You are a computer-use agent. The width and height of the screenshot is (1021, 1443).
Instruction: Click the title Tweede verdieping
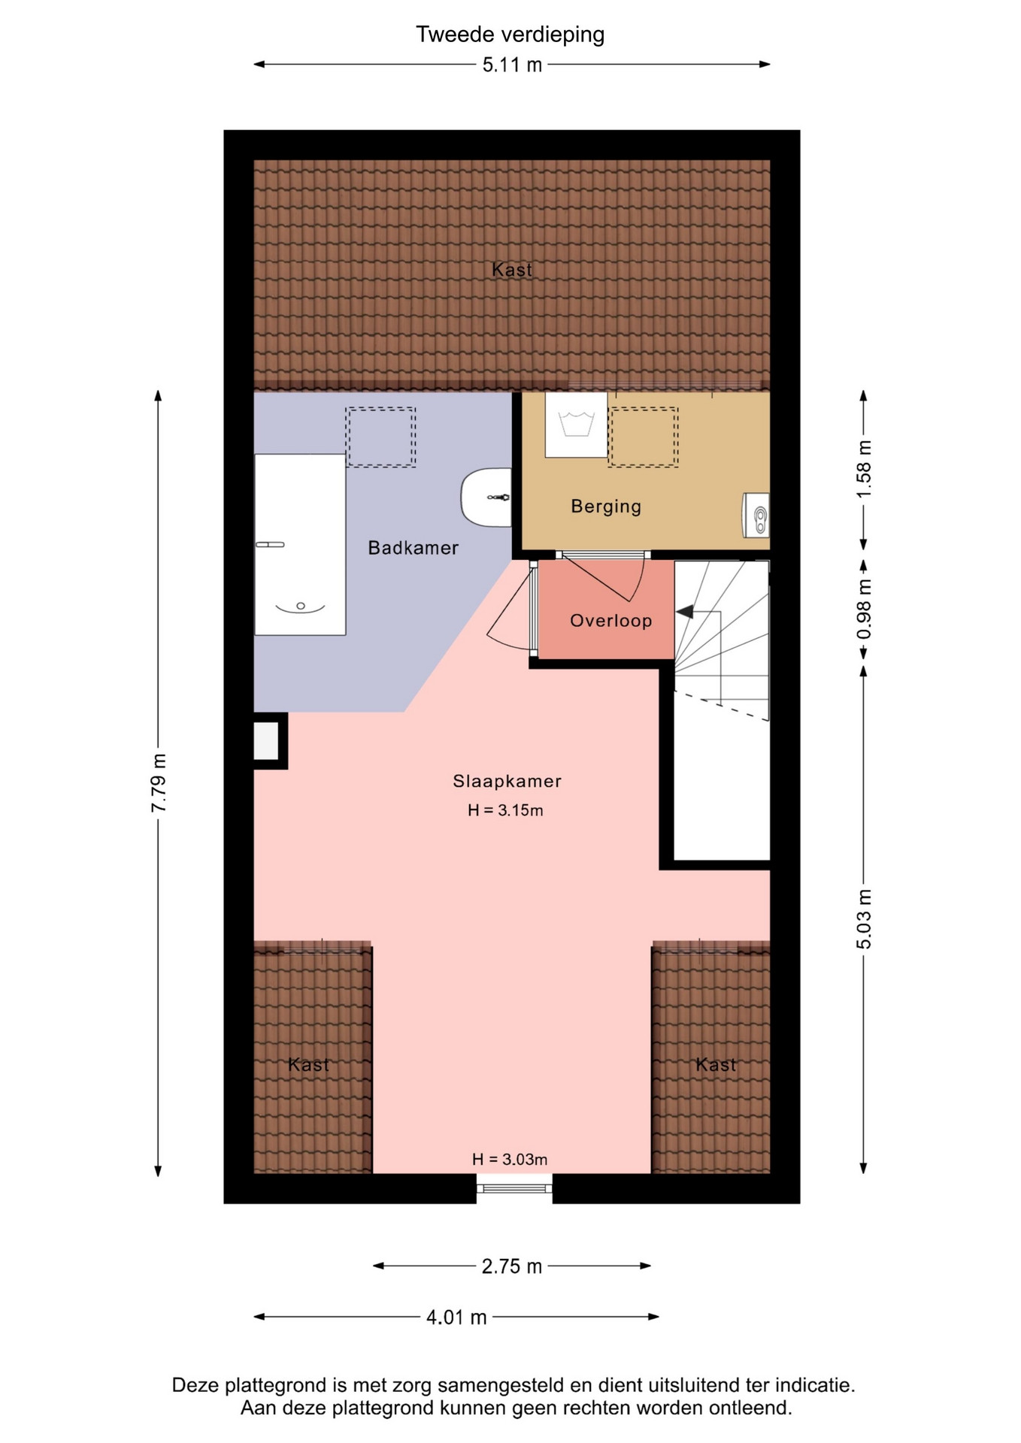(510, 35)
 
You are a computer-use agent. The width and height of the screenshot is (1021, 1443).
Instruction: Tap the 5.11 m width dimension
(512, 65)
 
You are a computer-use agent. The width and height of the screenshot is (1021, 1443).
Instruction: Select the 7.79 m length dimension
(159, 782)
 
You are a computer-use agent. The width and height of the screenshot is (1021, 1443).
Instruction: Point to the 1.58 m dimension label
(864, 469)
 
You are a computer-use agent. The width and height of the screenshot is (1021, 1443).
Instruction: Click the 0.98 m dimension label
(864, 610)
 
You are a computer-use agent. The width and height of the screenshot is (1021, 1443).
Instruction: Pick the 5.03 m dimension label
(864, 918)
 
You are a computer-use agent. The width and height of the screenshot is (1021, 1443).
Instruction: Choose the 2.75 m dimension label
(512, 1266)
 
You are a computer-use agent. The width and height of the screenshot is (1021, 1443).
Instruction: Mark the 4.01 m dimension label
(456, 1317)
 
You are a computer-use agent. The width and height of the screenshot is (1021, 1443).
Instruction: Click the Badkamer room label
(413, 548)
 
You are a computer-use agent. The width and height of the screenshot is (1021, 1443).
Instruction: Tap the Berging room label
(606, 507)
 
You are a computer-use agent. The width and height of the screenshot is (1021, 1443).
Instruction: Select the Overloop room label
(610, 621)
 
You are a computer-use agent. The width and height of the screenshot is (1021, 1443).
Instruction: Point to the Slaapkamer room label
(507, 782)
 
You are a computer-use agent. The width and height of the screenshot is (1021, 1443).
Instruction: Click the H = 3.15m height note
(505, 810)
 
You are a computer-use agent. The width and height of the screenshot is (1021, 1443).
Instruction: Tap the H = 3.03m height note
(510, 1160)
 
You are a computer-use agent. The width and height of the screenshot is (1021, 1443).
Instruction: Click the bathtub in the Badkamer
(300, 544)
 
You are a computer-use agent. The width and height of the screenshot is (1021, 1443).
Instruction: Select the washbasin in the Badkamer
(486, 498)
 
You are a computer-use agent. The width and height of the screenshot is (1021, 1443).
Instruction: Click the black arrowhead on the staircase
(685, 612)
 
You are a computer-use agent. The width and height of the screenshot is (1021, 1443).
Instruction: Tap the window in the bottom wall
(514, 1188)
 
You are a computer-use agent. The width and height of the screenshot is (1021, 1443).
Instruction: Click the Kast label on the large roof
(512, 270)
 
